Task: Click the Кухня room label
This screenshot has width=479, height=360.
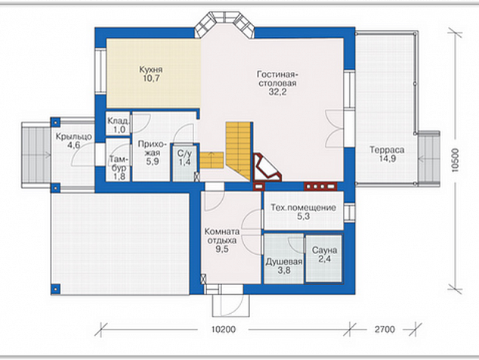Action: (151, 70)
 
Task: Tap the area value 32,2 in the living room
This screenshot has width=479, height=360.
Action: (277, 92)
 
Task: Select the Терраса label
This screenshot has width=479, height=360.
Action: (387, 150)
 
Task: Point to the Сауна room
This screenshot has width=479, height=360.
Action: (324, 259)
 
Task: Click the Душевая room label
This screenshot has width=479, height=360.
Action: (284, 262)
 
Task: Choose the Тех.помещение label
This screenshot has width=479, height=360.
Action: (304, 207)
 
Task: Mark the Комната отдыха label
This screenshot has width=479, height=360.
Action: (222, 236)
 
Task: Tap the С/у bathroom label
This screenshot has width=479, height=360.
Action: (184, 154)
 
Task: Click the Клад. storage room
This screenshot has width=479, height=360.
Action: (119, 124)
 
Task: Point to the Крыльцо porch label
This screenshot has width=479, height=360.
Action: (73, 136)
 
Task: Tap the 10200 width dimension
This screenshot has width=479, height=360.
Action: (224, 330)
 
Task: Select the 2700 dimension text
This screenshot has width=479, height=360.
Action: (385, 330)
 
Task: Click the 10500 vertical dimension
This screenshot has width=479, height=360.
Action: (455, 160)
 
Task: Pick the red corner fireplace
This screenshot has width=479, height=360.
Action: (267, 167)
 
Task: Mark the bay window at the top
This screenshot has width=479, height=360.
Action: (225, 25)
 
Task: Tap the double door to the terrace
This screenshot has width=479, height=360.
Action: (335, 129)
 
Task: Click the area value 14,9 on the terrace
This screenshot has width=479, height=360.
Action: (388, 158)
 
